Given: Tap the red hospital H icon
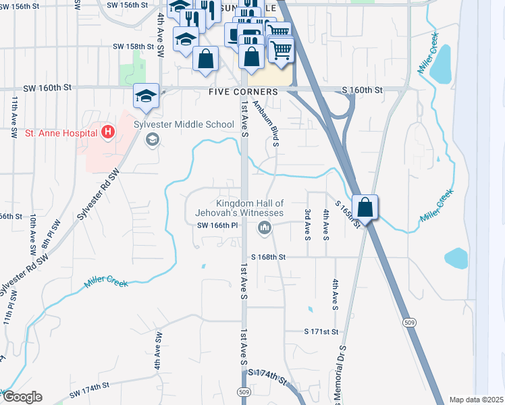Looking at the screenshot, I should coord(107,131).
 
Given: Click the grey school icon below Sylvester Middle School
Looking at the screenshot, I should coord(153,139).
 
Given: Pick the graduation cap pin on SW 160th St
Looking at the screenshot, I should coord(146,97).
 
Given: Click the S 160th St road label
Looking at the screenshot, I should coord(362,90).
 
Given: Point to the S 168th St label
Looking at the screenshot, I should coord(269,257).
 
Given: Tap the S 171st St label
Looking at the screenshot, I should coord(321,332).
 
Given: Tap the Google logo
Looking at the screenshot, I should coord(22,397).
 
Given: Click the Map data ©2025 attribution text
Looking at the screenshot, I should coord(476,400).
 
